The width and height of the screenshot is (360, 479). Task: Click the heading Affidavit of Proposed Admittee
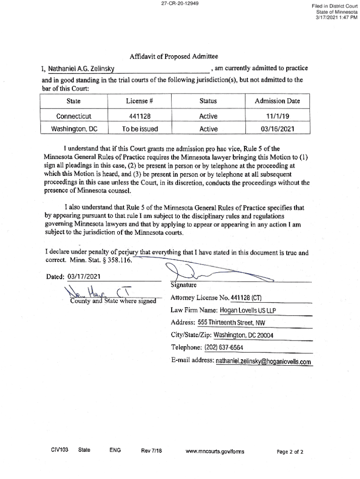click(174, 57)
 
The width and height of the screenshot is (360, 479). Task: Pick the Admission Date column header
click(277, 101)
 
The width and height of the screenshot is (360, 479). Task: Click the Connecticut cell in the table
click(74, 116)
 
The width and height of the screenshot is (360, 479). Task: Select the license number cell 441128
click(140, 116)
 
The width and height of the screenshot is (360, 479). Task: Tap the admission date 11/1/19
click(277, 116)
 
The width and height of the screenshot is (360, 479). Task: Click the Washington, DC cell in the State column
click(74, 129)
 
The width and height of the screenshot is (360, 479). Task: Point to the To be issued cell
click(140, 129)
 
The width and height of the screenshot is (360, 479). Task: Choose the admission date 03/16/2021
click(277, 129)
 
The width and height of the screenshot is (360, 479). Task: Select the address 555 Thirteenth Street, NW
click(231, 322)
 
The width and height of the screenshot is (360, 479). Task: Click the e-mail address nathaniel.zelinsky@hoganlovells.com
click(263, 361)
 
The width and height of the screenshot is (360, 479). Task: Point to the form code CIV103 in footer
click(60, 450)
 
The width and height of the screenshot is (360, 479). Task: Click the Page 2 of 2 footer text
click(290, 452)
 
